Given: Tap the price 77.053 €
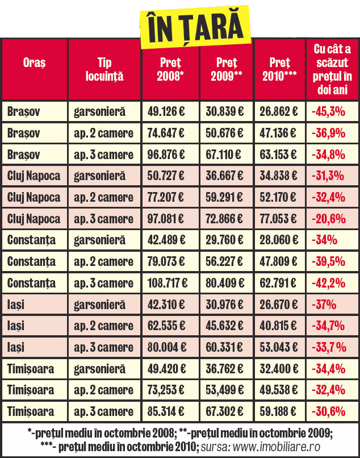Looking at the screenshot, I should pyautogui.click(x=280, y=219).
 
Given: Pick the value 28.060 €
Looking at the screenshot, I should pyautogui.click(x=280, y=240).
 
